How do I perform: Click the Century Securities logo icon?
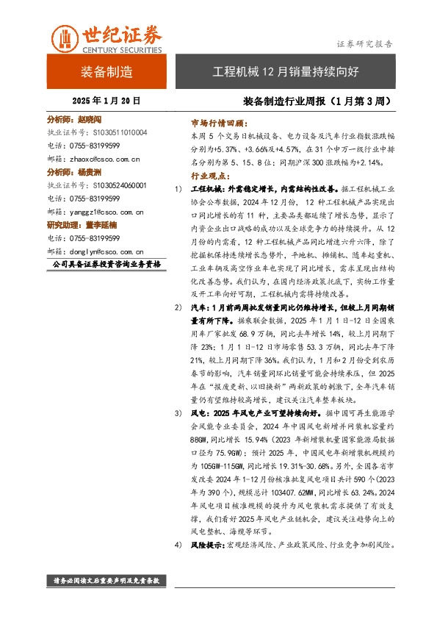(x=65, y=36)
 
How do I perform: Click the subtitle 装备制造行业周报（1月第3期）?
(x=315, y=101)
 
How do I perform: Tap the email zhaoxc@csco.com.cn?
(x=106, y=158)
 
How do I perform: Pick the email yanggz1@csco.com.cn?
(x=108, y=212)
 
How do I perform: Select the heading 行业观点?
(x=209, y=176)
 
